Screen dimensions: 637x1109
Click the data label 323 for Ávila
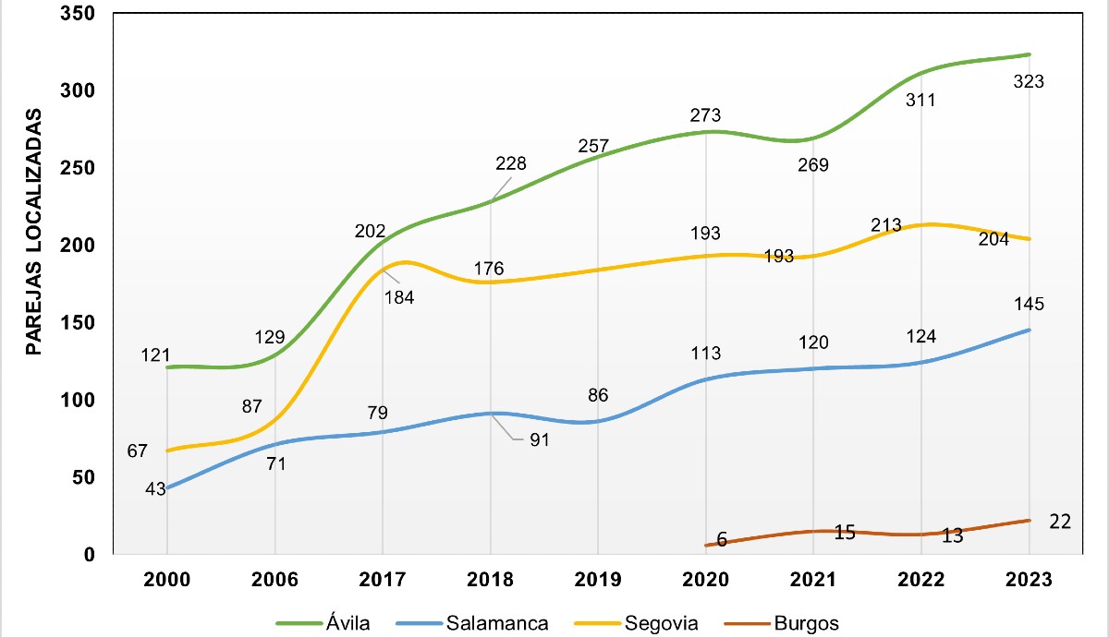pos(1029,81)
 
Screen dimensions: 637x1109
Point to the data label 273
pos(705,115)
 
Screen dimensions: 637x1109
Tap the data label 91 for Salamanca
pos(540,440)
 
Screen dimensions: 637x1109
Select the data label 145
pos(1029,305)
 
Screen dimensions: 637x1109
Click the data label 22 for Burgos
pos(1060,522)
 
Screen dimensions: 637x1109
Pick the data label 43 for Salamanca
pos(154,489)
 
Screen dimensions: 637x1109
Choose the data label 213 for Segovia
pos(886,225)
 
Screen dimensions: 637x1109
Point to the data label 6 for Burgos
pos(722,540)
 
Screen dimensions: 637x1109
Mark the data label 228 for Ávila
pos(510,163)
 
